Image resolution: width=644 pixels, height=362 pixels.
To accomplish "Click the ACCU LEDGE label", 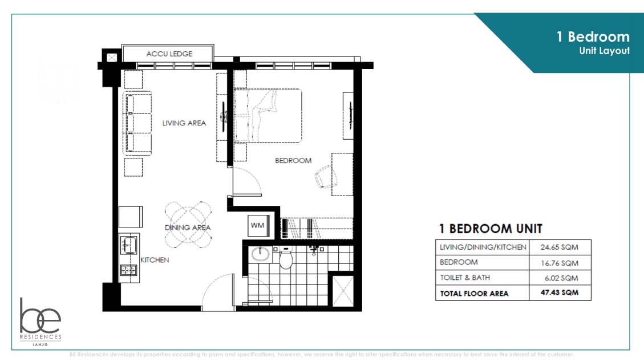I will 169,54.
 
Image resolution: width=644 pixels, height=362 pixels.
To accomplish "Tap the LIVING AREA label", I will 184,123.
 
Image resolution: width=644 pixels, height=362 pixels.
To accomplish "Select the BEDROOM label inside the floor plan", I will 293,160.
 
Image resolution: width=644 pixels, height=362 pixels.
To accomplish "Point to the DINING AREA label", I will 188,227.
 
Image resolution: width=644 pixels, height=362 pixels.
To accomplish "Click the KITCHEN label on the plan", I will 155,260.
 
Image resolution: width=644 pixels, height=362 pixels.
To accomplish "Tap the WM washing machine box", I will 257,225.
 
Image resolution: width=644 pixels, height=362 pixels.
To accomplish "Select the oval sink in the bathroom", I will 261,254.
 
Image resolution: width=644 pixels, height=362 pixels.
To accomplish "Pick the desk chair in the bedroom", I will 323,176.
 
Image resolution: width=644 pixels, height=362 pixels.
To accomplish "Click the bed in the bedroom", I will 268,115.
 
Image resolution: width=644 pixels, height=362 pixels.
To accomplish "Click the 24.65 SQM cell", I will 559,247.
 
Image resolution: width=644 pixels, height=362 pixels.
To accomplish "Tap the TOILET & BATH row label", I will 464,278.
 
